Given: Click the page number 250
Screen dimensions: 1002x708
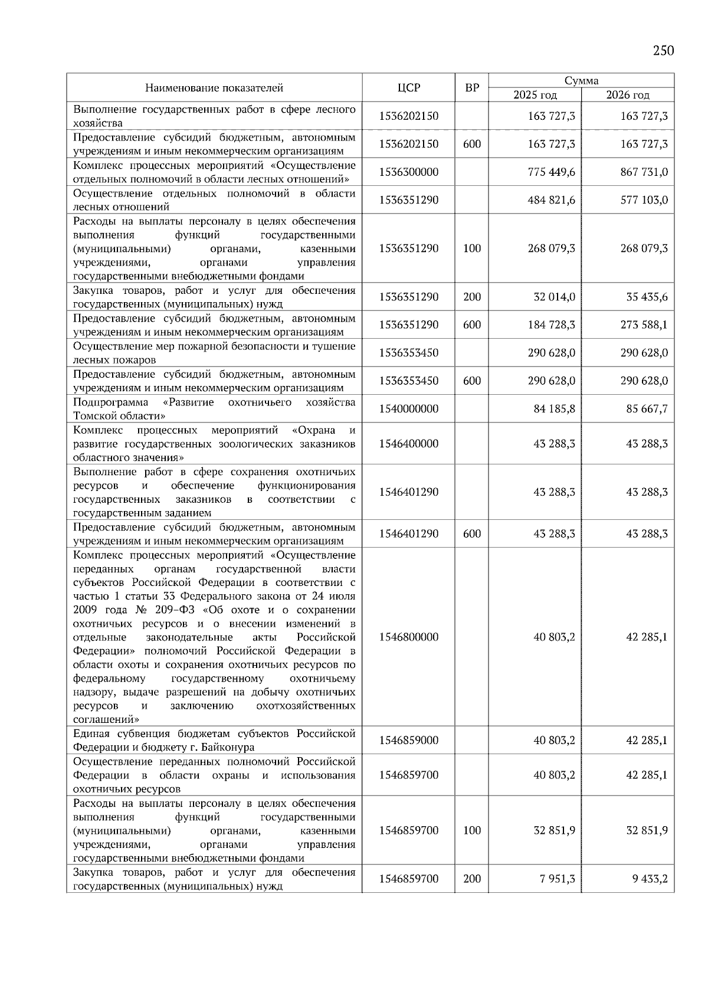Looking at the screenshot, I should click(x=663, y=50).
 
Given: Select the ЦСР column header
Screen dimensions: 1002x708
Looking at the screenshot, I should click(x=409, y=88).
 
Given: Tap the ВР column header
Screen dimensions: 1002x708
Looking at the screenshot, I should click(x=472, y=88).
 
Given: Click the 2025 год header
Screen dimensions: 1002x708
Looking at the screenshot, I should click(x=535, y=95).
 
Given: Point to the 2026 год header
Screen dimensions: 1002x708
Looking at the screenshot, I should click(x=628, y=95).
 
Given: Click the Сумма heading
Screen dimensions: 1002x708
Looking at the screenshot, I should click(x=581, y=80).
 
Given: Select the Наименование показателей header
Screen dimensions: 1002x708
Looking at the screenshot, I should click(x=214, y=88).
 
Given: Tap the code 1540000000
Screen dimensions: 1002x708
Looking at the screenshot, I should click(x=409, y=408).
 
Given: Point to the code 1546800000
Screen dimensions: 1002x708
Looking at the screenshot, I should click(x=409, y=637).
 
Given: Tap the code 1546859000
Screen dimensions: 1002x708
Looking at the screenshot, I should click(x=409, y=740).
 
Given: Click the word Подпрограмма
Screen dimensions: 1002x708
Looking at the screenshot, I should click(x=110, y=402).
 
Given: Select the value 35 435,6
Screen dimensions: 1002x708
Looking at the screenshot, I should click(x=647, y=297).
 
